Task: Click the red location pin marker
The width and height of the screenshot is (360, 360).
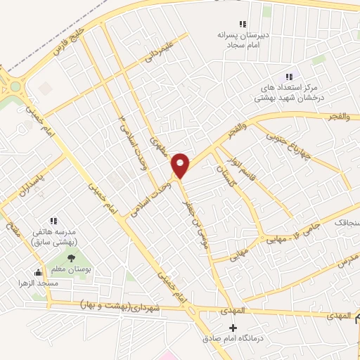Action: (x=181, y=165)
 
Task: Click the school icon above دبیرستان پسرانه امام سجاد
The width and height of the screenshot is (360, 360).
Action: (x=243, y=24)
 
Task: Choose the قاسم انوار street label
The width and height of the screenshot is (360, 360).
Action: (x=248, y=173)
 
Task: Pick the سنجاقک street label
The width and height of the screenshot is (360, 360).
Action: (x=345, y=222)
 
